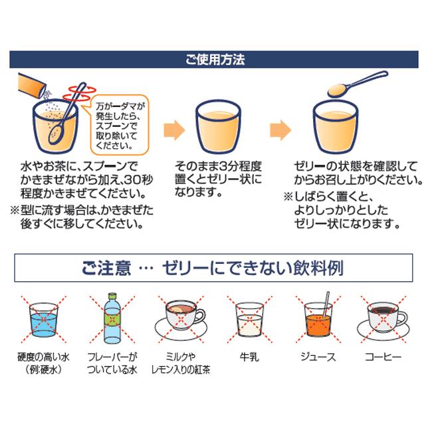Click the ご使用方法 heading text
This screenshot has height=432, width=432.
coord(215,60)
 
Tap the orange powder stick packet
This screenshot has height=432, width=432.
coord(32,85)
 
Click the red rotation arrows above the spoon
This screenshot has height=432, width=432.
coord(79,93)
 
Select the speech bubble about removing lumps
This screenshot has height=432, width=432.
coord(119,126)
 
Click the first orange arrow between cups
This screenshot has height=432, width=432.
coord(174,130)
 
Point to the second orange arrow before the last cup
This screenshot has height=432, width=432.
coord(280,130)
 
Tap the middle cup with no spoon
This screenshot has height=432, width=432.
coord(218,126)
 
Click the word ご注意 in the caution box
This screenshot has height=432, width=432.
coord(106,268)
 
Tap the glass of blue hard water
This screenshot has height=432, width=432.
coord(44,320)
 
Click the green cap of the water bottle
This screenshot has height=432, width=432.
coord(112,296)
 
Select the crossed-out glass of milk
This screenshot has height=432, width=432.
coord(249,320)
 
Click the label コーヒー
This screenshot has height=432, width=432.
coord(383,357)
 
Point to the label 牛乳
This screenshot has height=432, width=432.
coord(249,357)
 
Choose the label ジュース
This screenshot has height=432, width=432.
coord(318,357)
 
